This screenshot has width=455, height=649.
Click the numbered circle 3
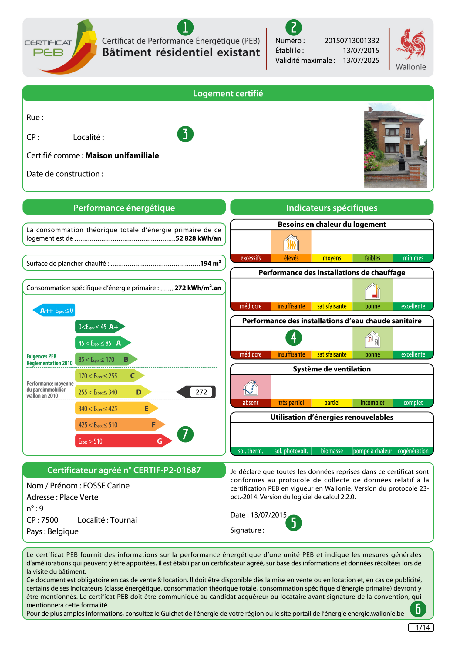(185, 134)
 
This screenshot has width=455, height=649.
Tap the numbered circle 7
(185, 434)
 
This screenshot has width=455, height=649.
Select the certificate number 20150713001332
(352, 41)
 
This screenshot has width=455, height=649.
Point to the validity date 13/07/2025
(361, 61)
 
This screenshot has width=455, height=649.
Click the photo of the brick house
(396, 145)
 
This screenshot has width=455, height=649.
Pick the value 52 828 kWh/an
(198, 238)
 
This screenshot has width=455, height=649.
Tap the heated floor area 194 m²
(211, 263)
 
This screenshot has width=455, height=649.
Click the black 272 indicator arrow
(197, 392)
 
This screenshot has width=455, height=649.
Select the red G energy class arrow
(121, 441)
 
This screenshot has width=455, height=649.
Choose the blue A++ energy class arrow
(54, 310)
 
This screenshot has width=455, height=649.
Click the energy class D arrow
(112, 392)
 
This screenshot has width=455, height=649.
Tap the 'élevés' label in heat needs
(291, 258)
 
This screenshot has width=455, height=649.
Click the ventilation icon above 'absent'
(251, 388)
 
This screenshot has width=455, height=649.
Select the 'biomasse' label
(332, 451)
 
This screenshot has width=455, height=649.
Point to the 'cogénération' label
(413, 451)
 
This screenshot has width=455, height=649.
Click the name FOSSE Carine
(106, 486)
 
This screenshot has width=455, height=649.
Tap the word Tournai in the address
(123, 520)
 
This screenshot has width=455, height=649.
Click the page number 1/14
(423, 627)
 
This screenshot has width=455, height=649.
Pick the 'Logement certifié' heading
(228, 93)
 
